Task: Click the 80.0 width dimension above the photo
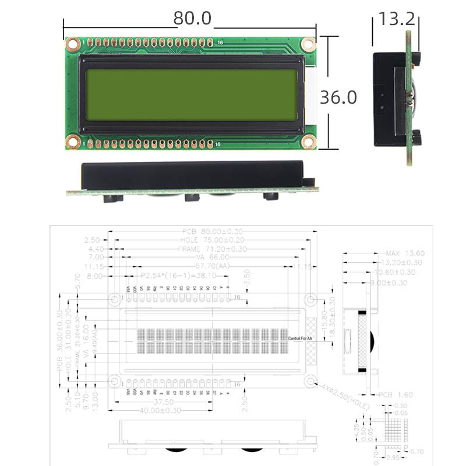192,18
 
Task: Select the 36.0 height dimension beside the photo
338,97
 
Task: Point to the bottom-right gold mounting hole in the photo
309,141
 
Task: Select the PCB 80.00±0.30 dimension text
213,231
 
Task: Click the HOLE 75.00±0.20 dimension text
213,240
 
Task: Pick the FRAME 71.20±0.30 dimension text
213,249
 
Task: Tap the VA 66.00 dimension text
213,257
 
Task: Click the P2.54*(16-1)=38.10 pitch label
178,275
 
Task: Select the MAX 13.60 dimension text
405,253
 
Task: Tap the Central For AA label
300,338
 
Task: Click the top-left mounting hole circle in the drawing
115,299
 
